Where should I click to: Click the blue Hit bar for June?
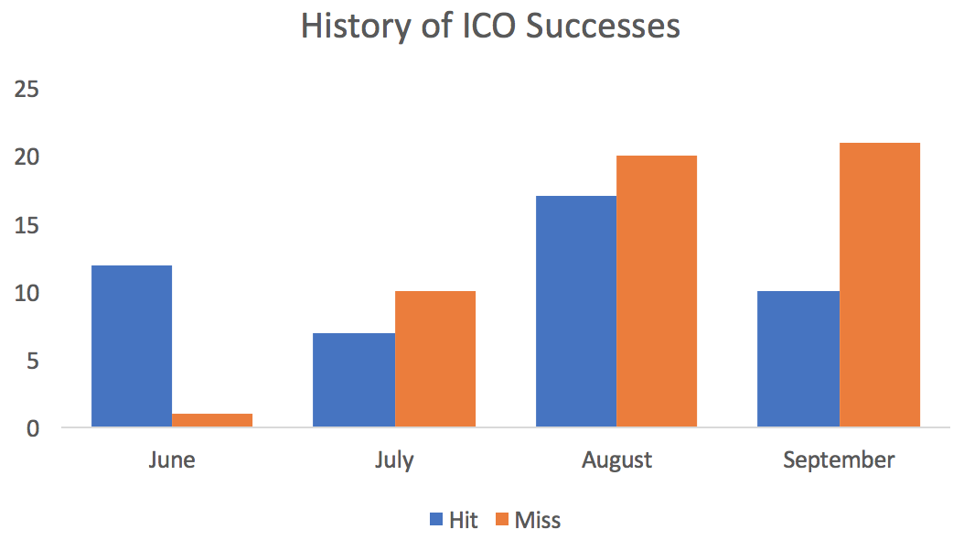pyautogui.click(x=132, y=346)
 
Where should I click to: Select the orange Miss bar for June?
pyautogui.click(x=212, y=420)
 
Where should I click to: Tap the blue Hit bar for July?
pyautogui.click(x=354, y=380)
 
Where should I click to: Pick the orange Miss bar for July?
pyautogui.click(x=435, y=359)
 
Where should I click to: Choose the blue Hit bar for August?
pyautogui.click(x=576, y=311)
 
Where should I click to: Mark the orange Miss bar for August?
pyautogui.click(x=657, y=291)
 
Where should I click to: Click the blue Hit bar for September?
pyautogui.click(x=798, y=359)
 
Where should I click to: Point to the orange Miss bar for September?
pyautogui.click(x=880, y=285)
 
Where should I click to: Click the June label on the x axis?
pyautogui.click(x=172, y=459)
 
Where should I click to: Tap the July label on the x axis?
pyautogui.click(x=394, y=459)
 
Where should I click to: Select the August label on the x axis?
pyautogui.click(x=616, y=459)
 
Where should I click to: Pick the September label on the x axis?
pyautogui.click(x=839, y=459)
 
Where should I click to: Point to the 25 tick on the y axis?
pyautogui.click(x=26, y=90)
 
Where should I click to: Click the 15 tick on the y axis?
pyautogui.click(x=26, y=225)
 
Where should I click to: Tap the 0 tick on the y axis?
pyautogui.click(x=33, y=427)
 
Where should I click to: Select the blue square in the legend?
pyautogui.click(x=436, y=521)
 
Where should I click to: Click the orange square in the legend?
pyautogui.click(x=502, y=521)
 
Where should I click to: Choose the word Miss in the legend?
pyautogui.click(x=538, y=521)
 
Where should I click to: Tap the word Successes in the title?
pyautogui.click(x=603, y=27)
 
